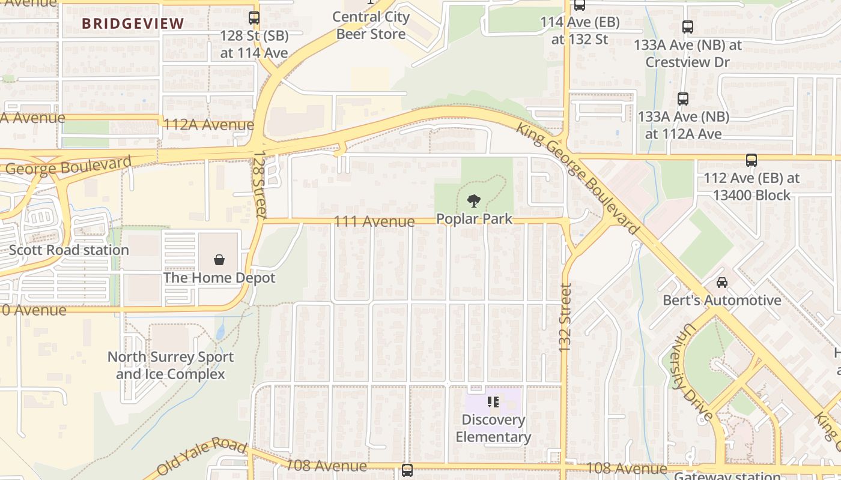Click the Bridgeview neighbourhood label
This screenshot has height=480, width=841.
point(133,24)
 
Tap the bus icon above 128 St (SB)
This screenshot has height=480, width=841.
point(254,18)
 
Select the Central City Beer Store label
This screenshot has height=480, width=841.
point(371,26)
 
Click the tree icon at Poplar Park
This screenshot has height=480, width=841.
point(474,201)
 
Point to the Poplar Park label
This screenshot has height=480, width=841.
point(475,219)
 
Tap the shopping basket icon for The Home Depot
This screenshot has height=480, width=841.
point(219,260)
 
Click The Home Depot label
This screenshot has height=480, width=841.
point(219,278)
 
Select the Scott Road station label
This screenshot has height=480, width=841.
point(68,250)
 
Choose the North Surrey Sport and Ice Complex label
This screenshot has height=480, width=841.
point(171,365)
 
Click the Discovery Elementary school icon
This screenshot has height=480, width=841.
point(493,402)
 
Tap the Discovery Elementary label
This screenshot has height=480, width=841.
point(493,428)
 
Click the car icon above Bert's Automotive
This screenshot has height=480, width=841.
point(721,282)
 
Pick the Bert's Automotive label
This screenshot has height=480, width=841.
point(721,300)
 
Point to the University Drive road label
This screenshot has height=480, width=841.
point(693,372)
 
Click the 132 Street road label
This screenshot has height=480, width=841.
point(564,318)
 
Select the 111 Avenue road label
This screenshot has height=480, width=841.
point(374,221)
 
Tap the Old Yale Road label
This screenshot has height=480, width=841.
point(202,458)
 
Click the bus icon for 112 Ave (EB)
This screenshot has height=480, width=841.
point(751,160)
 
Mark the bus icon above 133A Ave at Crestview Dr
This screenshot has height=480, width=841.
point(687,27)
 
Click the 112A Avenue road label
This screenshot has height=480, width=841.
point(208,125)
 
